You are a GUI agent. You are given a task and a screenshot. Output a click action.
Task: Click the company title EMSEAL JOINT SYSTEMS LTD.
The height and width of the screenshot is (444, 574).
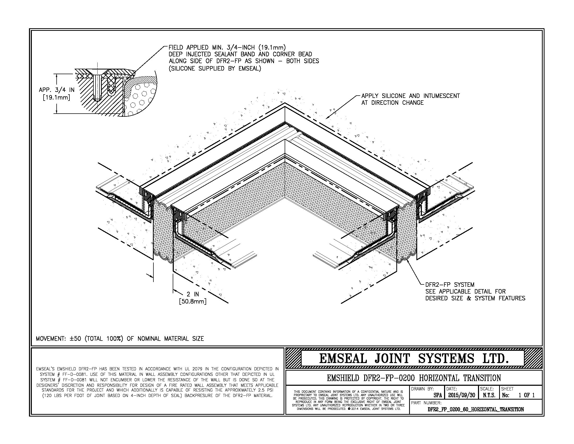click(x=414, y=359)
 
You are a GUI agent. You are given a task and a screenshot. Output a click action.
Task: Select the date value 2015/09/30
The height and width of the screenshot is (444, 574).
click(x=462, y=395)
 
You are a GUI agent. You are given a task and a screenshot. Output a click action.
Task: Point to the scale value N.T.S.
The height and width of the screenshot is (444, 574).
click(x=489, y=395)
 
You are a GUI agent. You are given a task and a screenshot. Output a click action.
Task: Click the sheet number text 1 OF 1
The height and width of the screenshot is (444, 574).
click(x=527, y=395)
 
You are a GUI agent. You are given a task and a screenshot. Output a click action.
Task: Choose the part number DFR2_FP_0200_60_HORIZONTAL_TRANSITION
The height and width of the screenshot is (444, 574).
click(x=476, y=409)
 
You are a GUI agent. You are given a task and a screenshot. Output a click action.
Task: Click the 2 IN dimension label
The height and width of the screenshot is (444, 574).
click(x=193, y=294)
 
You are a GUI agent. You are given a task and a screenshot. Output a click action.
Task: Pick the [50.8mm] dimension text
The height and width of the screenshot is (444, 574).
click(x=193, y=301)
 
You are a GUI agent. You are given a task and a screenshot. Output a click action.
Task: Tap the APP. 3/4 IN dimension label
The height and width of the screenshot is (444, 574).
click(x=57, y=90)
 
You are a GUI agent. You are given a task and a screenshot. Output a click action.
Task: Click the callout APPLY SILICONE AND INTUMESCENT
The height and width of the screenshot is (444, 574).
click(x=410, y=96)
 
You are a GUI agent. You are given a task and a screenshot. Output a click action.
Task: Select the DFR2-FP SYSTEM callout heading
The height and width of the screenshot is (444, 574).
click(x=450, y=285)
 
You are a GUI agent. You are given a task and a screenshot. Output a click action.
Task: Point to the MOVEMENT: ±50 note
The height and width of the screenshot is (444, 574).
click(x=120, y=338)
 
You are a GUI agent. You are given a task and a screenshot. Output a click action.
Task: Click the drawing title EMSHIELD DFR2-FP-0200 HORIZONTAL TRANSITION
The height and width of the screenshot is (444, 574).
click(x=414, y=378)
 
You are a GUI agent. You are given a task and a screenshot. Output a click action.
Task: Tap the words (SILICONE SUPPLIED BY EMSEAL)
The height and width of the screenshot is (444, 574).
click(x=215, y=69)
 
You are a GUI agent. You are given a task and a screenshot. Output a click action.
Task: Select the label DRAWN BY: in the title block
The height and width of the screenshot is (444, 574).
click(x=422, y=389)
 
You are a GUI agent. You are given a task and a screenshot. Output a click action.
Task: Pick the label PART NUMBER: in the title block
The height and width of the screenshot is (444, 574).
click(x=426, y=403)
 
